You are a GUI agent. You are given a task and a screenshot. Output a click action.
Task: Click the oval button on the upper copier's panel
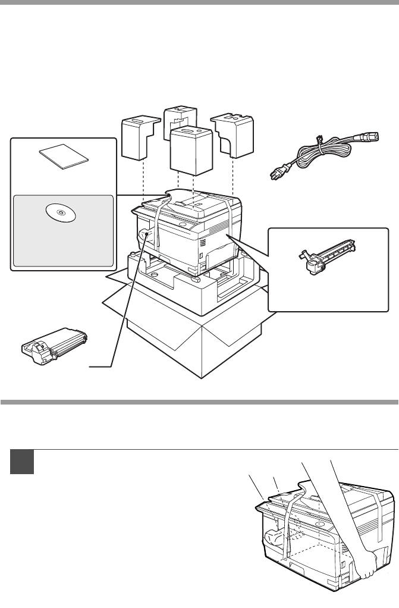pos(182,227)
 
